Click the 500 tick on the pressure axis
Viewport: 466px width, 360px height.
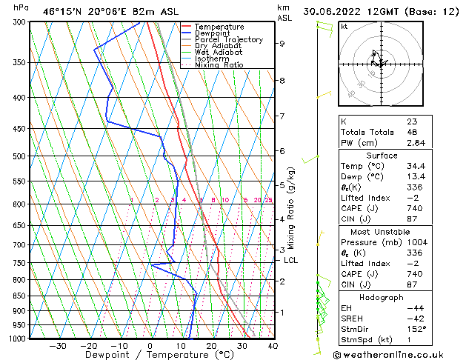(19, 156)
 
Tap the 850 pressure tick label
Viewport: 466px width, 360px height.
(19, 296)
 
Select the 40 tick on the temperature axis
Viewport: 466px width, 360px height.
(273, 345)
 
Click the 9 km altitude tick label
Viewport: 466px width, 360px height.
(282, 44)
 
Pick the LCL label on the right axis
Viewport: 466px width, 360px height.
(291, 260)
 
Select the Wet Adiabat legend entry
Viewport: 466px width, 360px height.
(218, 53)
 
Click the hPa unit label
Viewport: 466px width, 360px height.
(21, 7)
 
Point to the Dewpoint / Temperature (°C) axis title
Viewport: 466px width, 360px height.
(150, 355)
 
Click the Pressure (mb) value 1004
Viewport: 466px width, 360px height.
(417, 241)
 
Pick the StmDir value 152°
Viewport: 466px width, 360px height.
(417, 330)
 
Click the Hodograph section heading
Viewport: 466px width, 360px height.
(382, 297)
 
